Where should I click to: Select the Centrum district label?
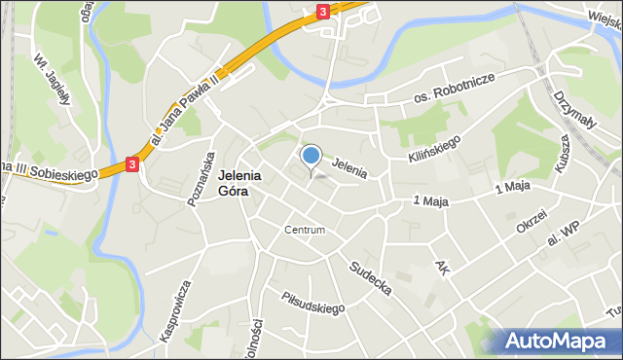pyautogui.click(x=305, y=231)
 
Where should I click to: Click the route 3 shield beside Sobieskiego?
pyautogui.click(x=132, y=166)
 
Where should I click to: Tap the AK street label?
pyautogui.click(x=443, y=266)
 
